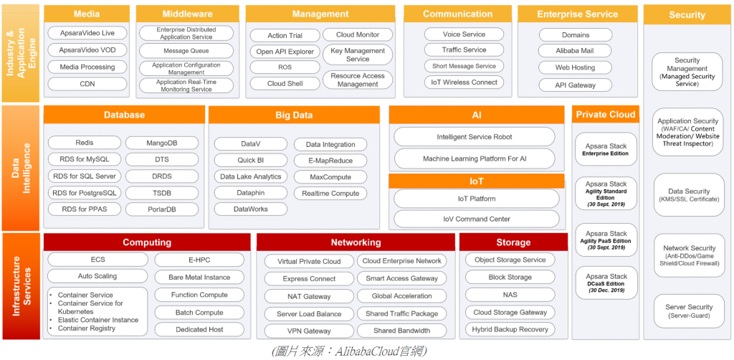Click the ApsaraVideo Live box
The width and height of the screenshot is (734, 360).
(87, 33)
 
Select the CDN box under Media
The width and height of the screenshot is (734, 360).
(87, 84)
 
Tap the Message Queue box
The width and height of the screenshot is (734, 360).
(186, 51)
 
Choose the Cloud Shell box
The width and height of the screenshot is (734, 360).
(285, 83)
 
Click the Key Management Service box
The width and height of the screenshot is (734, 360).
(358, 55)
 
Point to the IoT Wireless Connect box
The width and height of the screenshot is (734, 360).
(464, 82)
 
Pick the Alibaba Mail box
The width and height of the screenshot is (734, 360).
(575, 51)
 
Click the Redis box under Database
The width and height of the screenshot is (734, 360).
(83, 143)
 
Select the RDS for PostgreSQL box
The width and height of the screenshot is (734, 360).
(84, 193)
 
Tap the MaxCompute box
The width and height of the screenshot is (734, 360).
(330, 176)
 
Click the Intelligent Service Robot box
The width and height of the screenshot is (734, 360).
(474, 137)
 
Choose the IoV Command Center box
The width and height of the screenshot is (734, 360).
(474, 219)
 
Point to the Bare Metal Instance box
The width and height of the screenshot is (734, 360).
(199, 278)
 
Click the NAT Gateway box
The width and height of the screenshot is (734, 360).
(308, 296)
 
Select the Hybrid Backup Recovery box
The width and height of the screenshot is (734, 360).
(510, 330)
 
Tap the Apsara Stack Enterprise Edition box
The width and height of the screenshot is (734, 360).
(606, 150)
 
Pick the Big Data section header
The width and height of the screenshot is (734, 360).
(294, 115)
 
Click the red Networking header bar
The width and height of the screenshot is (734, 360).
(356, 242)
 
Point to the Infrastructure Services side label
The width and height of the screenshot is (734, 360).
(22, 285)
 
